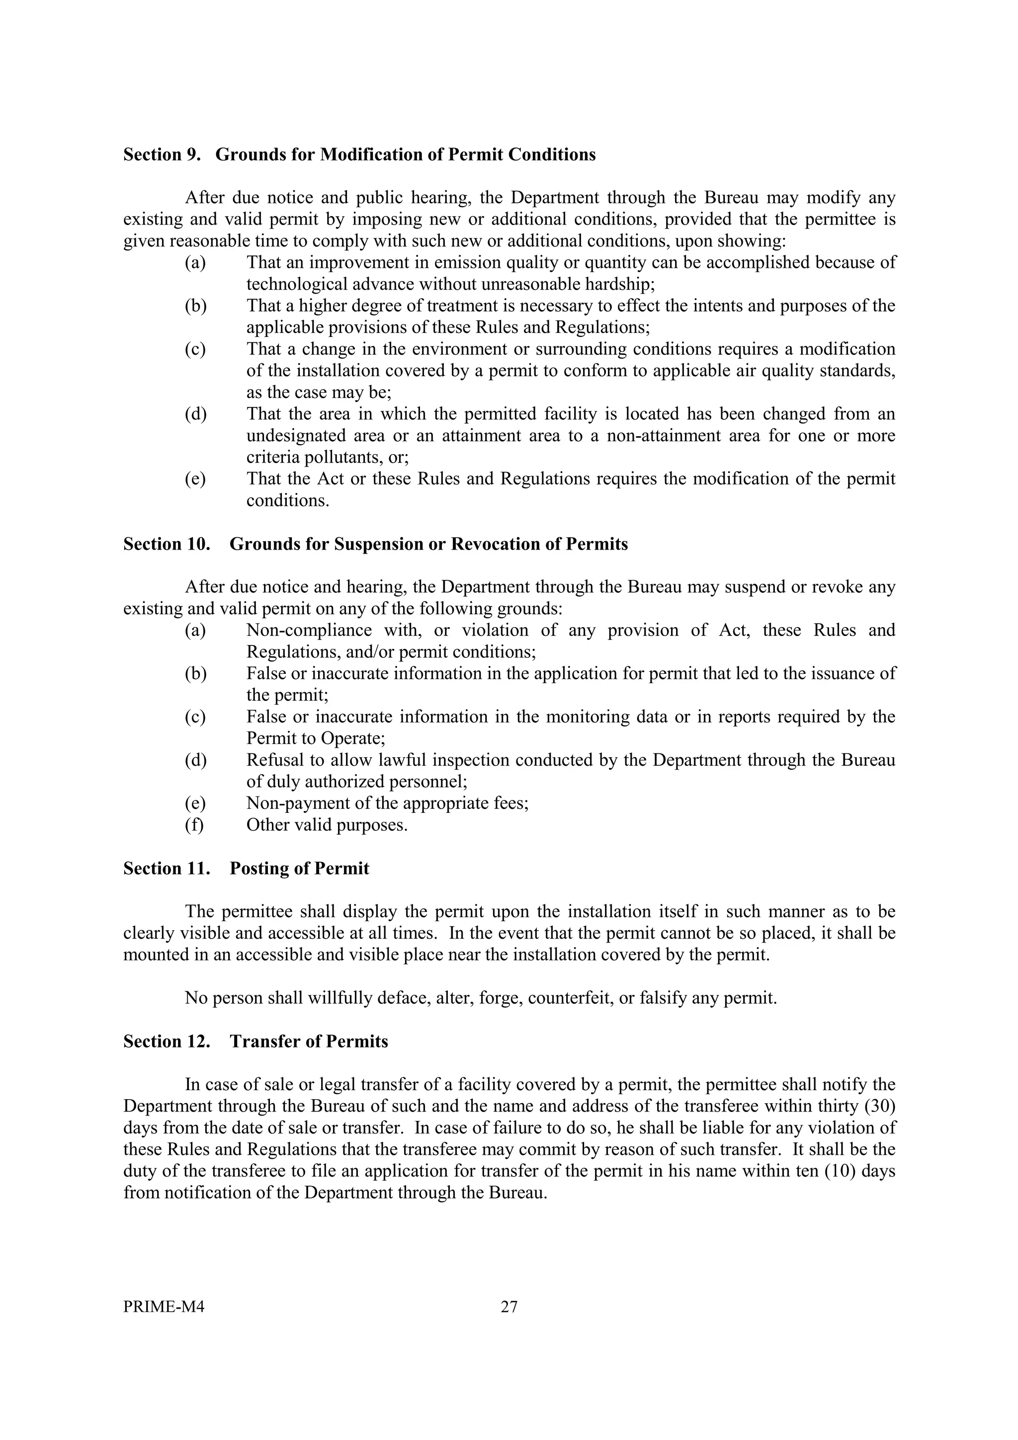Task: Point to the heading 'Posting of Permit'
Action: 299,869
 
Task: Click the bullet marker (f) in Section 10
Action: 194,825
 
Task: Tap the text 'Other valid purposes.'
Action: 327,825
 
